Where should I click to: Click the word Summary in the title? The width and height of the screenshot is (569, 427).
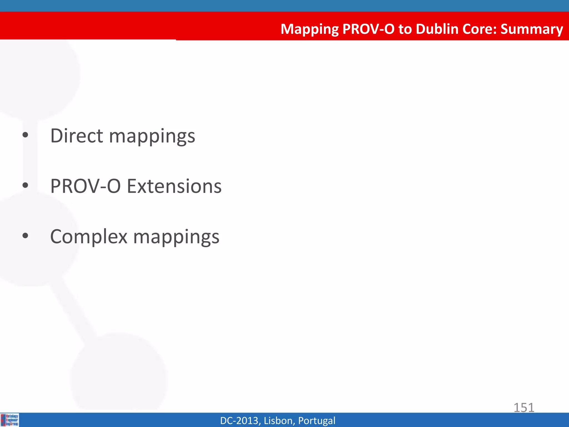[x=531, y=29]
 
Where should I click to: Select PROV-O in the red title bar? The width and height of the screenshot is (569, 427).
[x=368, y=29]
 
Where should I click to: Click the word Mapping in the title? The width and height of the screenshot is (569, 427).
[x=310, y=29]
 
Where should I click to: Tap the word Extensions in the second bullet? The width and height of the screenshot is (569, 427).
[x=174, y=186]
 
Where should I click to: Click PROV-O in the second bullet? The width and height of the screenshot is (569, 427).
[x=85, y=186]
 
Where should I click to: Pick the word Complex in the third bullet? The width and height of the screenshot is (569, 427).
[x=89, y=237]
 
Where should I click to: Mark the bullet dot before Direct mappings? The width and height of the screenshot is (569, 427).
[x=25, y=135]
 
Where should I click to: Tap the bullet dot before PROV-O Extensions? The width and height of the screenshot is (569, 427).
[x=25, y=185]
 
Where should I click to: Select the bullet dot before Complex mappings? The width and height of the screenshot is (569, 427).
[x=25, y=236]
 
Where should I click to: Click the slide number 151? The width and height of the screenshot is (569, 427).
[x=524, y=408]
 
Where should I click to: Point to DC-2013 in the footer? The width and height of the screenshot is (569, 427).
[x=240, y=421]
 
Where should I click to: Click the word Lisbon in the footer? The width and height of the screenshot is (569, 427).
[x=279, y=421]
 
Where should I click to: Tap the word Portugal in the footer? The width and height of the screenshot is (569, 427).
[x=316, y=421]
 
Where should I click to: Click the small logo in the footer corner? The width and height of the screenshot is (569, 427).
[x=10, y=420]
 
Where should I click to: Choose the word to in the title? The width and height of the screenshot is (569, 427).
[x=405, y=29]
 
